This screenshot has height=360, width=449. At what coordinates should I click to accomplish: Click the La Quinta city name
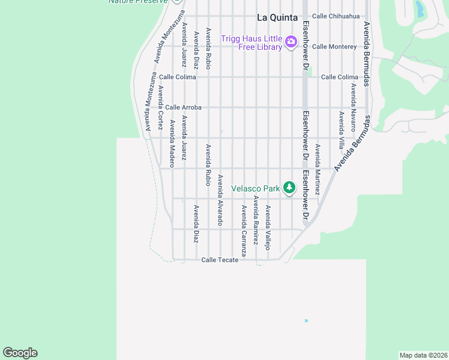point(277,17)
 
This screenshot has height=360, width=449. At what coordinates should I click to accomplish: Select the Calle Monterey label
point(334,46)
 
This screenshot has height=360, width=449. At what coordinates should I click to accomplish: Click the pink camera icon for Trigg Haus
point(291,41)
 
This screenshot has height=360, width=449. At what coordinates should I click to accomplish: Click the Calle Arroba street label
point(183,107)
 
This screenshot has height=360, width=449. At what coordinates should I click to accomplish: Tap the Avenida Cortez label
point(160,108)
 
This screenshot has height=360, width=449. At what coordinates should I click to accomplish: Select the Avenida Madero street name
point(172,140)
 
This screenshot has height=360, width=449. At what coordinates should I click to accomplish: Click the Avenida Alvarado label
point(220,200)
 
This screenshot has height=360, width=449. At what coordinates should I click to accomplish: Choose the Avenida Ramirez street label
point(256,220)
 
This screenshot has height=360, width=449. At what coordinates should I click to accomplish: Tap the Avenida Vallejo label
point(268,228)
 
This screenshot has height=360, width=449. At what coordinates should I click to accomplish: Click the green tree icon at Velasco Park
point(289,188)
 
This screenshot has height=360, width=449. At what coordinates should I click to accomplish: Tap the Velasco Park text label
point(256,188)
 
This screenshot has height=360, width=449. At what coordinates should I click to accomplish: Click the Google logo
point(20,353)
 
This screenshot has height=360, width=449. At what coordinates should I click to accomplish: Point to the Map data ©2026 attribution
point(423,355)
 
